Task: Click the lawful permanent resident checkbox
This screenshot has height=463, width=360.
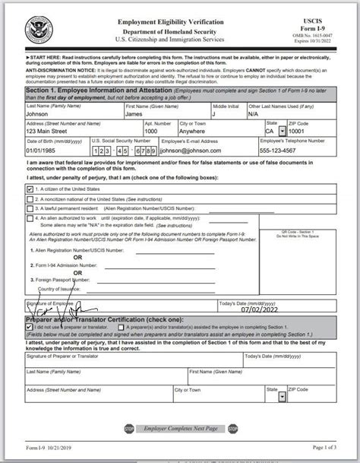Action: (x=30, y=206)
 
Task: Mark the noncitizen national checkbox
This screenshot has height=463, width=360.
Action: (x=30, y=197)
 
